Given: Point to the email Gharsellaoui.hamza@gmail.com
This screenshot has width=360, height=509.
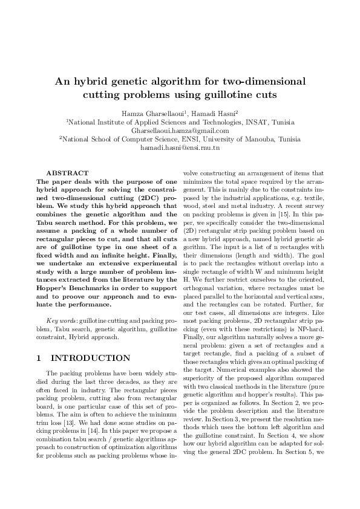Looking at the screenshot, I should pyautogui.click(x=180, y=130).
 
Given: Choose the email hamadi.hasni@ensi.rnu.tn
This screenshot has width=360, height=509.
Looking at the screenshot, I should pyautogui.click(x=180, y=148).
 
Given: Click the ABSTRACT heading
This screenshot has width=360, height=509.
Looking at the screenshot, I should pyautogui.click(x=67, y=173).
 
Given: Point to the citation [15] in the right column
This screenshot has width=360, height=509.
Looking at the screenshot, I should pyautogui.click(x=283, y=215).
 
